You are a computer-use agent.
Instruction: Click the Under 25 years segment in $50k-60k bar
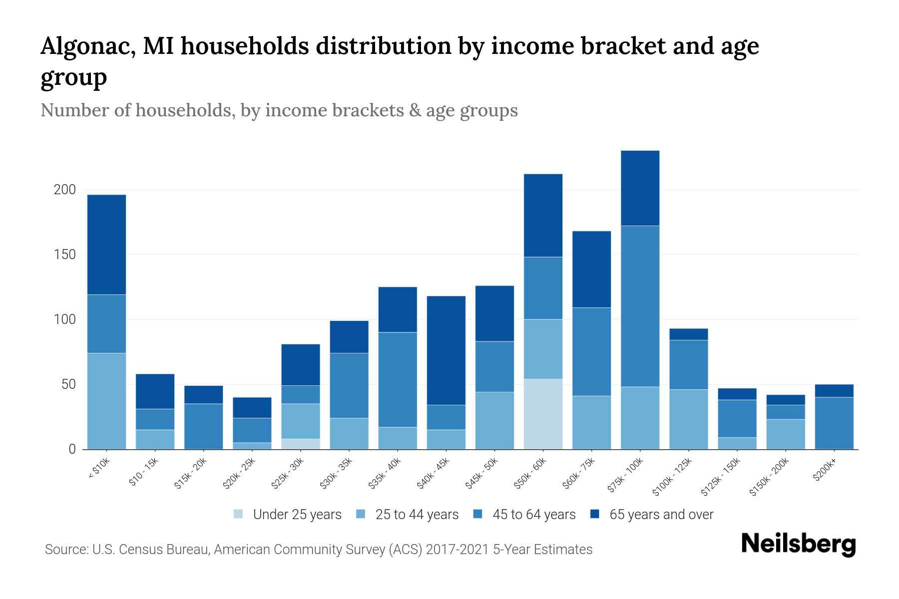543,414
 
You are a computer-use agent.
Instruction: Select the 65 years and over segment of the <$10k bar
106,245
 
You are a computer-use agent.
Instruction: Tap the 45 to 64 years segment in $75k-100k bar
640,306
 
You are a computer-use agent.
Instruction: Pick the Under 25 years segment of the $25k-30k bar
301,444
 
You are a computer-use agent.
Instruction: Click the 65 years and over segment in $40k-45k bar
446,350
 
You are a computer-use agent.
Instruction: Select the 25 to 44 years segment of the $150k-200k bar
786,434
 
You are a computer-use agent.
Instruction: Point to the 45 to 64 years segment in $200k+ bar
834,423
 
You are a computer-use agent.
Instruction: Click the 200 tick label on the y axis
64,190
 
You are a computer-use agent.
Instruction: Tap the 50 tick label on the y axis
68,384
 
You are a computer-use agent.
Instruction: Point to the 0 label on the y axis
72,449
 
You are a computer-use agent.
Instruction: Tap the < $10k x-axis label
98,469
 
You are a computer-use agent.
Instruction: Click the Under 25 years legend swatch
238,514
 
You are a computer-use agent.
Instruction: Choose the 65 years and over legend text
661,515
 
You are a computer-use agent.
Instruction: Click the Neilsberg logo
798,544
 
